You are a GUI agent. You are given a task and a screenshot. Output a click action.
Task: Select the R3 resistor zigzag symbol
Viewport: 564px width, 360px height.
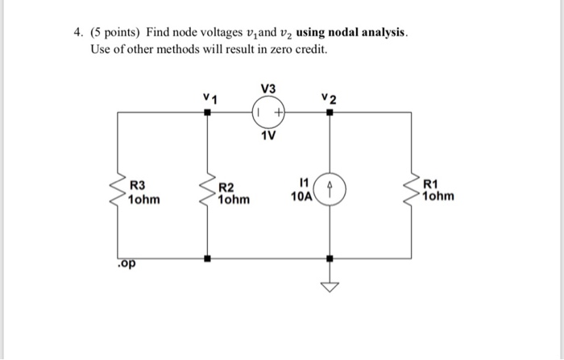point(119,194)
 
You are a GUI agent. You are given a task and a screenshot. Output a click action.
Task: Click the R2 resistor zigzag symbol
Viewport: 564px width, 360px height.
point(209,194)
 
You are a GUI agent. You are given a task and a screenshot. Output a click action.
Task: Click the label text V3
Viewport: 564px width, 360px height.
point(268,88)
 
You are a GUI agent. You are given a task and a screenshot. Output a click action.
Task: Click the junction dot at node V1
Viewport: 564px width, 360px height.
point(209,114)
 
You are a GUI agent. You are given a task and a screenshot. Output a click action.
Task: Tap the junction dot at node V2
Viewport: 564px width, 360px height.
point(329,114)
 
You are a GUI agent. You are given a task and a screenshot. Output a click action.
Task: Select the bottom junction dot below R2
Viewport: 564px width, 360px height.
point(209,259)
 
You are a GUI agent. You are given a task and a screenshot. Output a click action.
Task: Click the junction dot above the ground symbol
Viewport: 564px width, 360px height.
point(329,259)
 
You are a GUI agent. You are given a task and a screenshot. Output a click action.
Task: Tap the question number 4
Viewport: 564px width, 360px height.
point(77,34)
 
